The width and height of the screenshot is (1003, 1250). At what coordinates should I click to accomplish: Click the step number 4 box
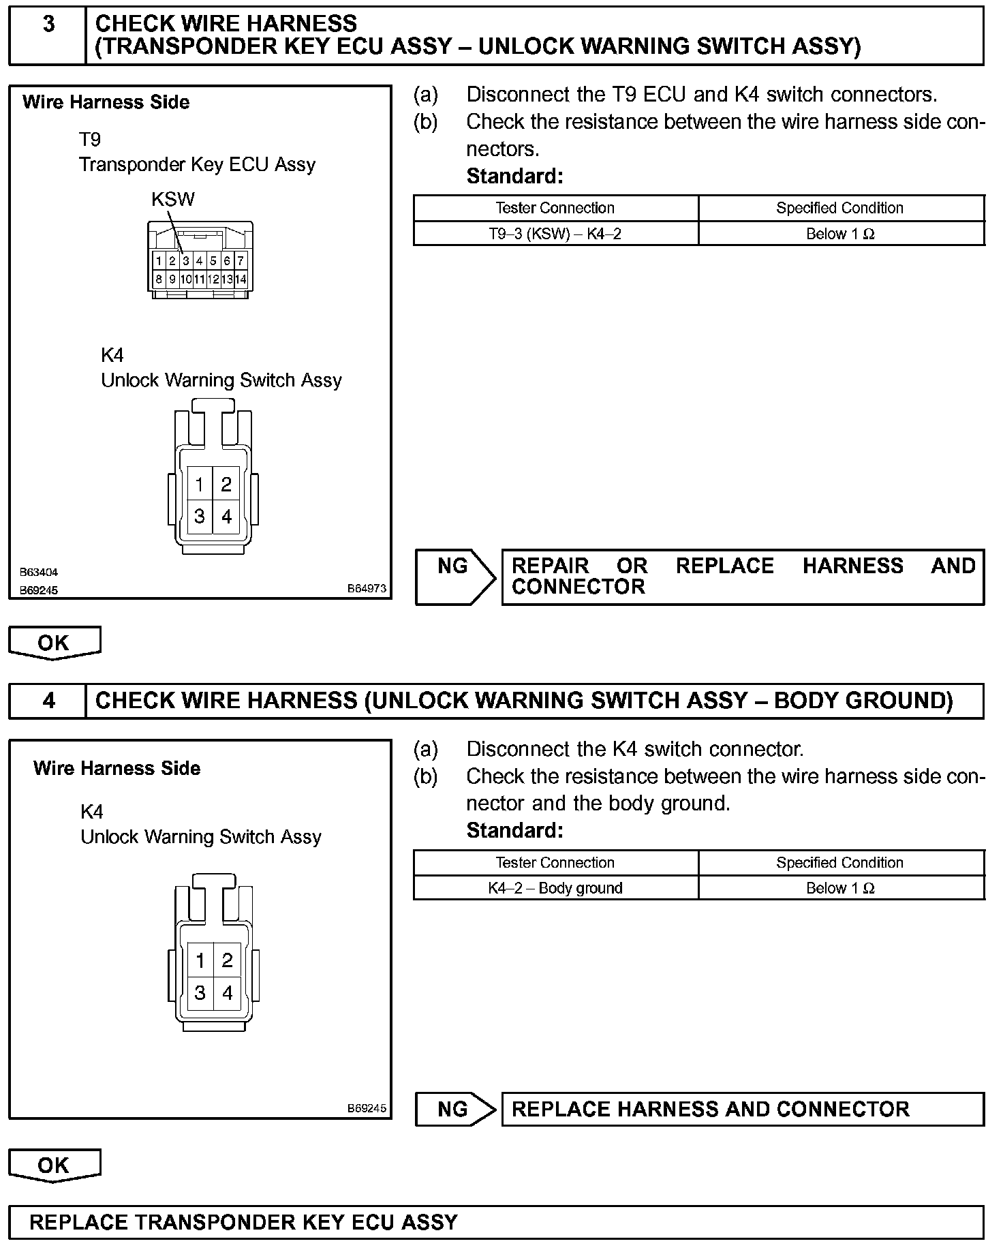point(48,701)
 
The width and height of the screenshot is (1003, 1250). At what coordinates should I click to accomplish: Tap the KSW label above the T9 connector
point(173,200)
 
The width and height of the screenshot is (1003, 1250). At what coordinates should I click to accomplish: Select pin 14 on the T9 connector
point(241,279)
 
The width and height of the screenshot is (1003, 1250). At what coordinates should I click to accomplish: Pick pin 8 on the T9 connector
point(158,279)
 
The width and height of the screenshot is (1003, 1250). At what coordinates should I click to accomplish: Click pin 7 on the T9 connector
point(241,260)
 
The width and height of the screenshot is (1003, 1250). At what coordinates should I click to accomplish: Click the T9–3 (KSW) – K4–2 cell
point(555,234)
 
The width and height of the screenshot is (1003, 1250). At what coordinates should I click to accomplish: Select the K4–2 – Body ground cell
point(555,888)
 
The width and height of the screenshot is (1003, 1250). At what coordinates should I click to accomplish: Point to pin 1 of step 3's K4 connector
point(199,485)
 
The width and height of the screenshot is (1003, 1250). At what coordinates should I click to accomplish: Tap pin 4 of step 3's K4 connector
point(227,517)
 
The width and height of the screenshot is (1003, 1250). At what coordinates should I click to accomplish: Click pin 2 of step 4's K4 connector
point(227,960)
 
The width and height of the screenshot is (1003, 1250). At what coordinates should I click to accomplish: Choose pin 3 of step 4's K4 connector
point(200,992)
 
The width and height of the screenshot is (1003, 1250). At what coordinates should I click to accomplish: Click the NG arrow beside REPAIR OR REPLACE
point(455,577)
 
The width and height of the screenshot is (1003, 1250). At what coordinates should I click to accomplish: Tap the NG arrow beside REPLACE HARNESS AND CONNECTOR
point(455,1109)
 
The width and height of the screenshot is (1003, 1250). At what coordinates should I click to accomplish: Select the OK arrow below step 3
point(54,643)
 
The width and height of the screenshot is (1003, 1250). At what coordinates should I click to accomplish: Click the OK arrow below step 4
point(54,1165)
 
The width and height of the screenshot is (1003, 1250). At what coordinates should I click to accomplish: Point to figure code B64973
point(367,588)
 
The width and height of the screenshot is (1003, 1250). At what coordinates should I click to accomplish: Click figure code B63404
point(38,573)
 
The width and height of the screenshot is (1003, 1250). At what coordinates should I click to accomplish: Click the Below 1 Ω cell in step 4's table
point(840,888)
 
